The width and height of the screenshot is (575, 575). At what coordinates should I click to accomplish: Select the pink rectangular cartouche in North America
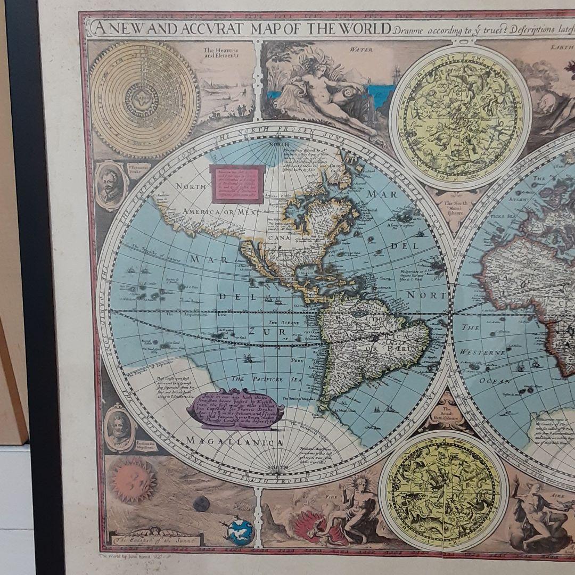(237, 184)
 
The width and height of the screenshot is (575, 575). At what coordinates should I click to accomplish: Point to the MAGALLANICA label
(234, 442)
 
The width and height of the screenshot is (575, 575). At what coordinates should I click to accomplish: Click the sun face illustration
(134, 480)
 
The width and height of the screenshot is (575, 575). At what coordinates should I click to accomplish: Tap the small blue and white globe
(240, 531)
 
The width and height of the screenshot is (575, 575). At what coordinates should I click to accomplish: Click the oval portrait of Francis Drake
(111, 185)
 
